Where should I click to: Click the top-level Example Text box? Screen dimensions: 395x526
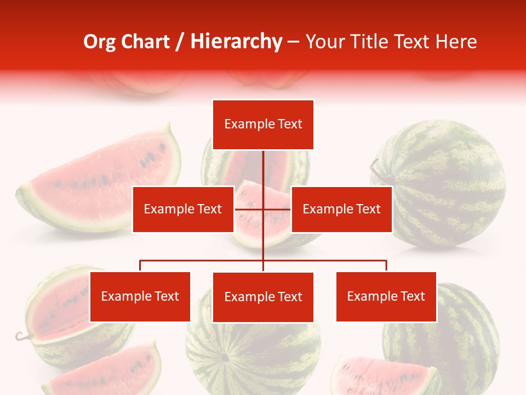[263, 125]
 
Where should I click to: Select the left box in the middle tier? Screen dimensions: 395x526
[183, 209]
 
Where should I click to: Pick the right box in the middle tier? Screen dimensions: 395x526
[341, 209]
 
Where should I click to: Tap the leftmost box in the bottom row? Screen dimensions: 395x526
[140, 297]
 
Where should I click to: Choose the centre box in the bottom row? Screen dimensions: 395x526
[263, 297]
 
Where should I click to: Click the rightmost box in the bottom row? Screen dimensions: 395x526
[386, 297]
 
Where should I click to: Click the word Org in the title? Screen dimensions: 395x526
[99, 42]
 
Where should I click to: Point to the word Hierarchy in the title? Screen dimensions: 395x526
[236, 42]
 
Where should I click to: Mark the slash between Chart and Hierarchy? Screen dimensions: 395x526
[180, 42]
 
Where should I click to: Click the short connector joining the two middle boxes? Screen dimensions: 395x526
[249, 209]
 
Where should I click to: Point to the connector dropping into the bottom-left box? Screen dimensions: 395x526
[140, 266]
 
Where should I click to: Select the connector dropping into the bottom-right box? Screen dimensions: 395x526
[386, 266]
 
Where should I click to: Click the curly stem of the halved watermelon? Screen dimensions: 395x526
[21, 336]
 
